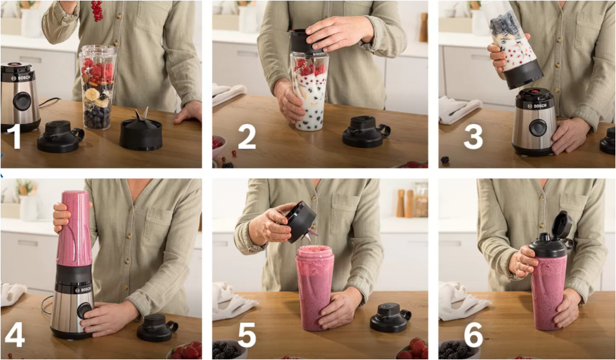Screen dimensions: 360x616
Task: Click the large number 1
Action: pyautogui.click(x=14, y=137)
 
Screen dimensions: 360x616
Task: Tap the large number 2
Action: pyautogui.click(x=247, y=137)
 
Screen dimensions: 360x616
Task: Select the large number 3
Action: pyautogui.click(x=473, y=137)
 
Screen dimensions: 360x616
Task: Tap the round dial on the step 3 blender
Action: pyautogui.click(x=537, y=127)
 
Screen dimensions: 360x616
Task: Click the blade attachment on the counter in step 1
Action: pyautogui.click(x=141, y=132)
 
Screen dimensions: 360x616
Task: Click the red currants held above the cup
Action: pyautogui.click(x=97, y=10)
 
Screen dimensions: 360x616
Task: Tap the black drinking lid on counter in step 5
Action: pyautogui.click(x=389, y=317)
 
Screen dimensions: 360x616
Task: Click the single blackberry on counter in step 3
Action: pyautogui.click(x=445, y=160)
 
